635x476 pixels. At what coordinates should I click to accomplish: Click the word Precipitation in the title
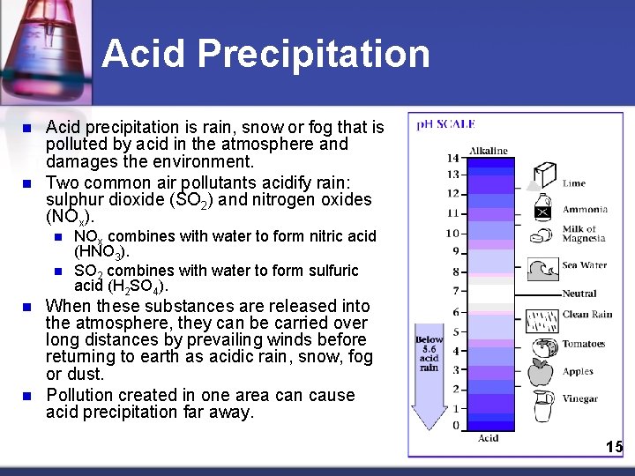pos(313,54)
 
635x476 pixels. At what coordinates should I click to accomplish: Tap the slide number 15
pos(614,447)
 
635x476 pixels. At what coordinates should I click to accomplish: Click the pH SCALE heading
pos(446,125)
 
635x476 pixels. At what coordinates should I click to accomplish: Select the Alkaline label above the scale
pos(488,151)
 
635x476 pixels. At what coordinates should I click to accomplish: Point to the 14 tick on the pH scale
pos(452,159)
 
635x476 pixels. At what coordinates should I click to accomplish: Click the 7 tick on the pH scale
pos(456,291)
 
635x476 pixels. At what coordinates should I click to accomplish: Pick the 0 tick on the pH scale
pos(456,426)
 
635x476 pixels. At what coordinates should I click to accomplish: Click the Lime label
pos(574,183)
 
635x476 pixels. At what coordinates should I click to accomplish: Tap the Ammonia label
pos(585,210)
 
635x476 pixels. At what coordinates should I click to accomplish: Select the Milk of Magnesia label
pos(586,234)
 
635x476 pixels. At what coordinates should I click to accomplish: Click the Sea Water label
pos(584,265)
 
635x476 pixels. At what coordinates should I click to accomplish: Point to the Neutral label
pos(579,294)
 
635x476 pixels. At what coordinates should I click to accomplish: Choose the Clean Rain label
pos(587,315)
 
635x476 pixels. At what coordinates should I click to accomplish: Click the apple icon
pos(541,373)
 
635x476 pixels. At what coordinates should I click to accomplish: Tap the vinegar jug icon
pos(542,405)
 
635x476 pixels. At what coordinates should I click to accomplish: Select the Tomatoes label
pos(584,344)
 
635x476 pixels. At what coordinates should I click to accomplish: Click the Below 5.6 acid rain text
pos(430,353)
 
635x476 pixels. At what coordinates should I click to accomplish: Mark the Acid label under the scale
pos(488,438)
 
